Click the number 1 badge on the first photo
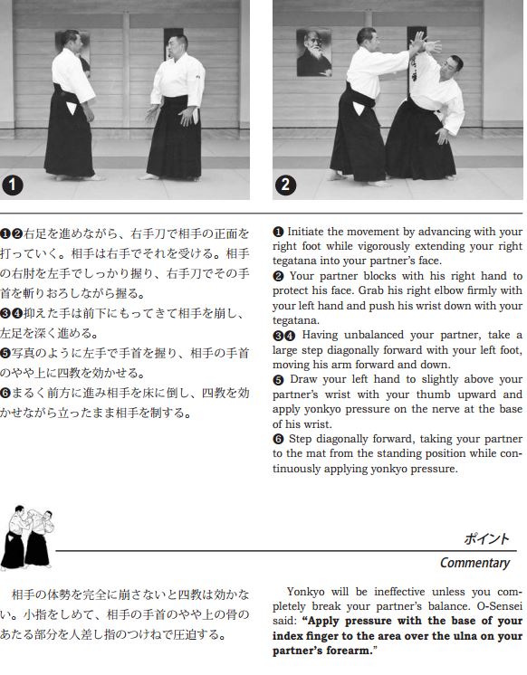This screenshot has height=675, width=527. tap(12, 185)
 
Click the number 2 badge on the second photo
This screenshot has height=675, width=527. tap(285, 185)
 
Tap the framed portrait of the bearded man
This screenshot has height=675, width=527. tap(313, 52)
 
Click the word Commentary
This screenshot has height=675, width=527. tap(474, 563)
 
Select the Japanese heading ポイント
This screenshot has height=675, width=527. tap(486, 538)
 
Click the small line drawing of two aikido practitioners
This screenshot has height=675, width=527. tap(27, 537)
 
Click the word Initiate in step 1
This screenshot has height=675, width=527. tap(305, 232)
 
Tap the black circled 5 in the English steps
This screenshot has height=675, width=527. tap(278, 380)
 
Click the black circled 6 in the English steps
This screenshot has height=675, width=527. tap(278, 439)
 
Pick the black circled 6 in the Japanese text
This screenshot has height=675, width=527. tap(5, 393)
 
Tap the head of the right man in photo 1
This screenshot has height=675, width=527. tap(178, 46)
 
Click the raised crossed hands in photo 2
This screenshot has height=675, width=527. tap(425, 43)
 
